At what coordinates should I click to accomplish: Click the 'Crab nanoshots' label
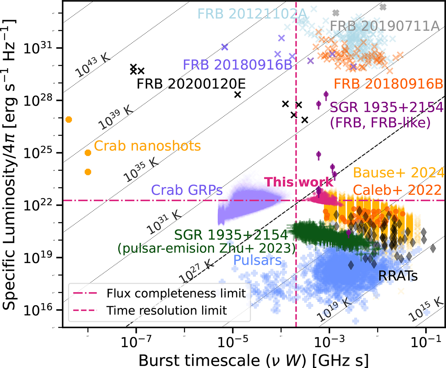pyautogui.click(x=147, y=146)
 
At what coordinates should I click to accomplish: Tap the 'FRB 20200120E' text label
pyautogui.click(x=191, y=84)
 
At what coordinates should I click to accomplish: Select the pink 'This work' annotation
pyautogui.click(x=298, y=182)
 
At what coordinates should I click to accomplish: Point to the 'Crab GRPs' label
pyautogui.click(x=187, y=190)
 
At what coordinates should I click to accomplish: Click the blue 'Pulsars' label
pyautogui.click(x=257, y=260)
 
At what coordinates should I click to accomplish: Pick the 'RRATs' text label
pyautogui.click(x=398, y=276)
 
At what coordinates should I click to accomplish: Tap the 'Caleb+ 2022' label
pyautogui.click(x=397, y=190)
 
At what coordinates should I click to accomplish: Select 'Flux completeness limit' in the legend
pyautogui.click(x=176, y=294)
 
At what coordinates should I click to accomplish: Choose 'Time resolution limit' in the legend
pyautogui.click(x=167, y=311)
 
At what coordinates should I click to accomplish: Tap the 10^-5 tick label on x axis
pyautogui.click(x=233, y=342)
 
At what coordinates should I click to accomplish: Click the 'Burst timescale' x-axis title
pyautogui.click(x=253, y=361)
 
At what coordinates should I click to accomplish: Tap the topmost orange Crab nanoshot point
pyautogui.click(x=69, y=120)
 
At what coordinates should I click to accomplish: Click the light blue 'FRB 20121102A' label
pyautogui.click(x=252, y=14)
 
